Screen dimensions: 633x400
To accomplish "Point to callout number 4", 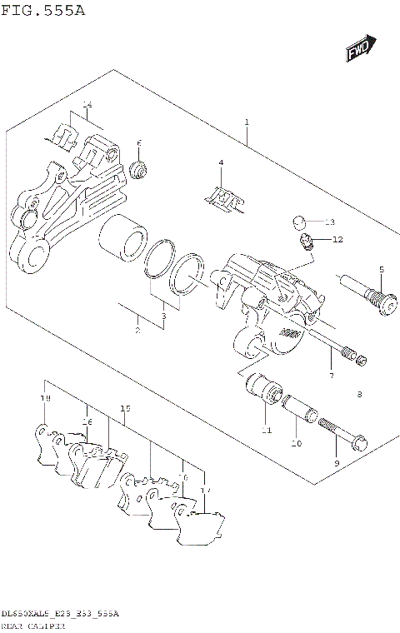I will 221,162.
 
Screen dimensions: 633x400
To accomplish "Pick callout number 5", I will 381,270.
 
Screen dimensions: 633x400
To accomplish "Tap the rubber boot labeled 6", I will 139,171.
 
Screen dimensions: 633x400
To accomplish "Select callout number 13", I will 329,222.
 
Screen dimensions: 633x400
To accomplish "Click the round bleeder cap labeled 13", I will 301,222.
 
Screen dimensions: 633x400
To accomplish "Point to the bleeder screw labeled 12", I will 306,243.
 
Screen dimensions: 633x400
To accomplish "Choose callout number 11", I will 266,431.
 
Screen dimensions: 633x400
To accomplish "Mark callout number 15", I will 125,409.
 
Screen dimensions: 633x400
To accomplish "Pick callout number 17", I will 206,491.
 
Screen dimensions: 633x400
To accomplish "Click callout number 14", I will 86,104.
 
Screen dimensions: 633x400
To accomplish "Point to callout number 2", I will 137,331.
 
